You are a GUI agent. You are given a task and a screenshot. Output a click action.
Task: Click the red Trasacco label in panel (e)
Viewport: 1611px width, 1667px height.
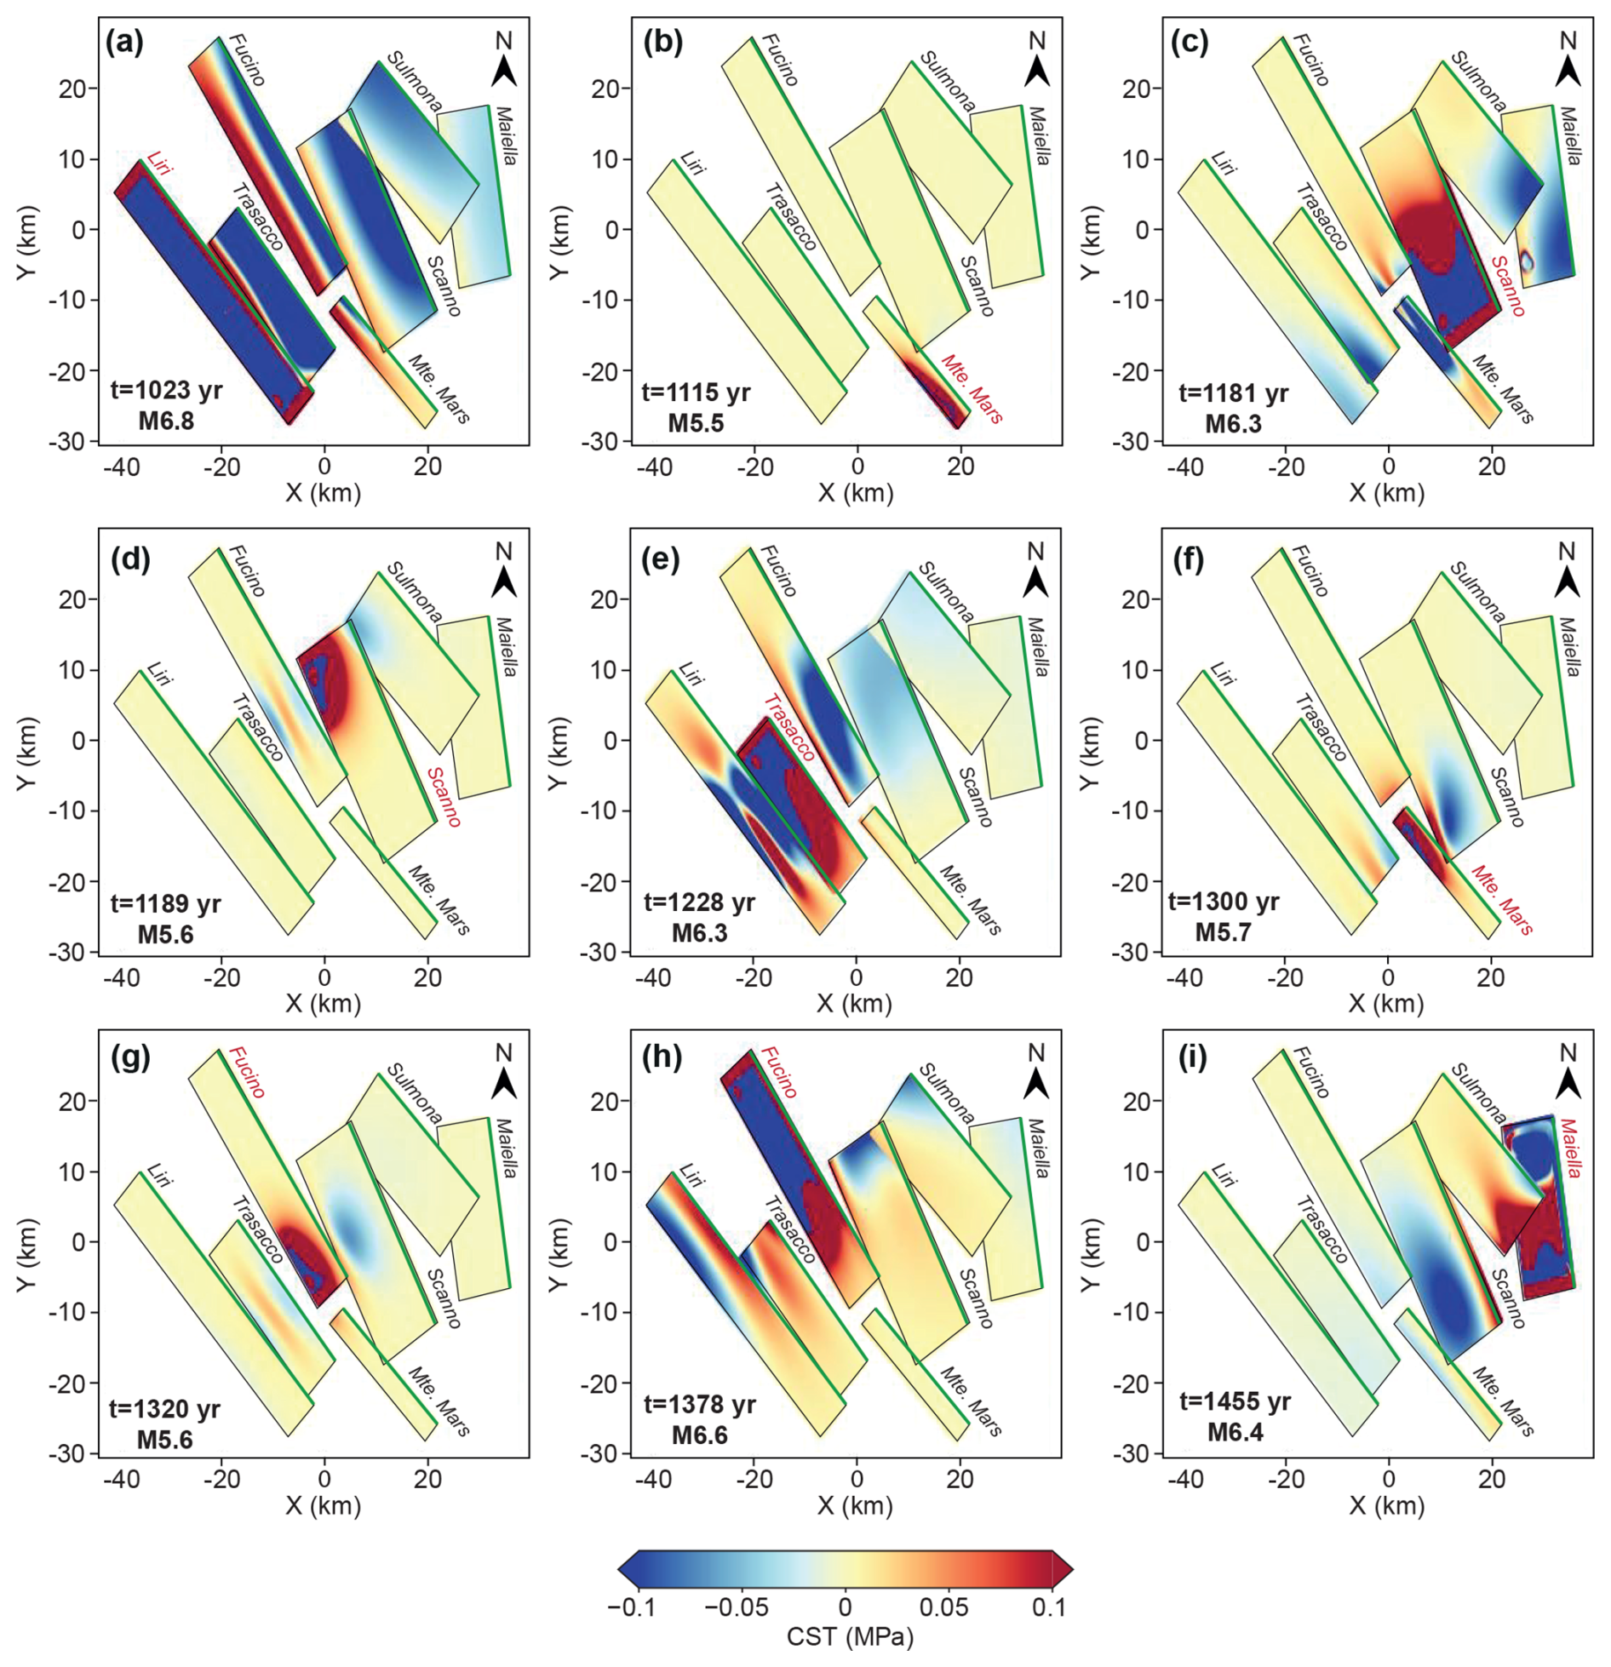(x=788, y=729)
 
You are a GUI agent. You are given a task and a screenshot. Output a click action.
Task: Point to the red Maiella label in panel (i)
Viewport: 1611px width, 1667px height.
(x=1570, y=1149)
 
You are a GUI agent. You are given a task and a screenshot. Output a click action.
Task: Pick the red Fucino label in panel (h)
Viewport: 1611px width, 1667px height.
(x=778, y=1074)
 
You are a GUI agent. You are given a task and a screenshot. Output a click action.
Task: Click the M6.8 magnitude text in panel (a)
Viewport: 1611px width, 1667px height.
(x=166, y=421)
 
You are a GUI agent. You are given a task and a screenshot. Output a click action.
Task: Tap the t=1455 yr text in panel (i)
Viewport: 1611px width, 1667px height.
(x=1235, y=1401)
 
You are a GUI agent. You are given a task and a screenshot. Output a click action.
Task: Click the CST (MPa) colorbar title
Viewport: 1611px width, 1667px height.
(x=849, y=1636)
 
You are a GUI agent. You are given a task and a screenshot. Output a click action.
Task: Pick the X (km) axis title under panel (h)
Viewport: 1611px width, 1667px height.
(x=855, y=1505)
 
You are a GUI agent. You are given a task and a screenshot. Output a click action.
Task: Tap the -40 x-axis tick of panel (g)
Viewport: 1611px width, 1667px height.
(x=120, y=1479)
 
